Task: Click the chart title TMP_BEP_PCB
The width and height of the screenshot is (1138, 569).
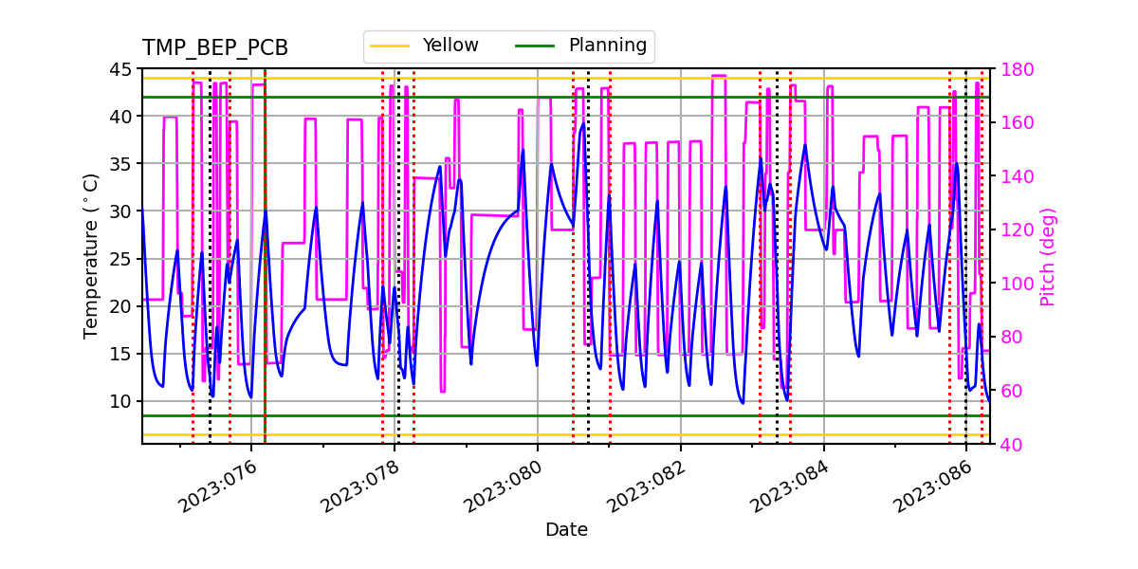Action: [215, 48]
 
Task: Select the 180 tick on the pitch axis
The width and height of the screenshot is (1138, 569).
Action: [1014, 69]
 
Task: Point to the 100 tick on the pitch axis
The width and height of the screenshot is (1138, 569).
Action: [1014, 284]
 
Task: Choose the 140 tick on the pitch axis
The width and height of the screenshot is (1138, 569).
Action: [1014, 176]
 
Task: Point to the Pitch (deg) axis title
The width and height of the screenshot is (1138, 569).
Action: [1047, 256]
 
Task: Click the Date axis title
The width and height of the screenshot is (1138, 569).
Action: [566, 530]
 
